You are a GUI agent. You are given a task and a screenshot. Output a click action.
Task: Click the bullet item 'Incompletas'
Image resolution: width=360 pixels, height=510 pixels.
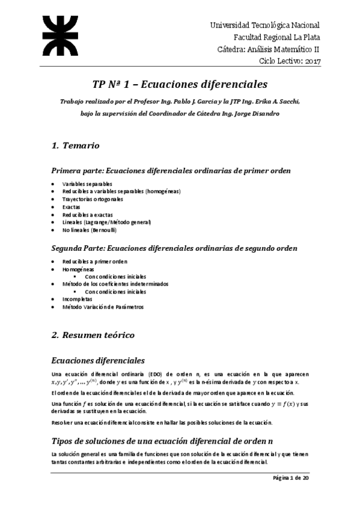78,299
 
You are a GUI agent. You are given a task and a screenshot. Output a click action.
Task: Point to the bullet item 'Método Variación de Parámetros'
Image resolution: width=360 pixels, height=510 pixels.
103,307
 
